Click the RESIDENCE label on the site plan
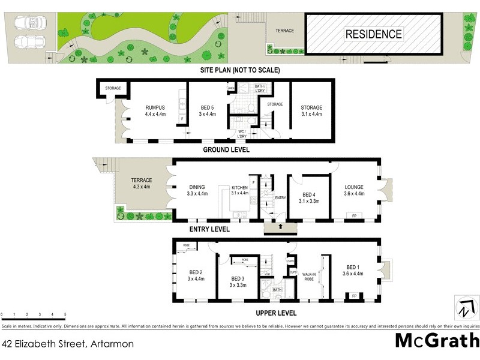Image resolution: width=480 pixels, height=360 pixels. coord(373,34)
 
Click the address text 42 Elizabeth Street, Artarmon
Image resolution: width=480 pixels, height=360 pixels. coord(68,344)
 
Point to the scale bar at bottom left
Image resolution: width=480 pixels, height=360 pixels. coord(33,314)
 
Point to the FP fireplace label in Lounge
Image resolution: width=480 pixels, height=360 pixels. coord(354,215)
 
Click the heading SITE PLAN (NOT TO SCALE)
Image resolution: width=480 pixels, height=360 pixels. coord(240,70)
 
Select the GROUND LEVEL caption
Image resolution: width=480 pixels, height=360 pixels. coord(226,150)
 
